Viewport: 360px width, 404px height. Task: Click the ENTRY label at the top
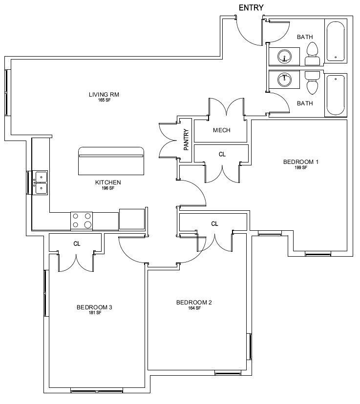[x=251, y=8]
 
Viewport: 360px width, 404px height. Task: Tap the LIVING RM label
[x=104, y=95]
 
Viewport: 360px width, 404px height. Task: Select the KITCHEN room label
[x=108, y=182]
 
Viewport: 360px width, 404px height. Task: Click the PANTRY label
[x=186, y=140]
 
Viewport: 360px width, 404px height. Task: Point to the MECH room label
[x=222, y=130]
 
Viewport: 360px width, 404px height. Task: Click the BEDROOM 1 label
[x=301, y=162]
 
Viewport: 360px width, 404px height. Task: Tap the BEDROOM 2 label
[x=194, y=302]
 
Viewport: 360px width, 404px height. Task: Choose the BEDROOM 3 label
[x=94, y=307]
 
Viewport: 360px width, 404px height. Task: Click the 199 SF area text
[x=301, y=167]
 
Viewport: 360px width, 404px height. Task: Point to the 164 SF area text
[x=194, y=308]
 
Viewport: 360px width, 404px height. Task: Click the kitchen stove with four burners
[x=82, y=221]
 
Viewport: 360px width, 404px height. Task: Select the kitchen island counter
[x=111, y=161]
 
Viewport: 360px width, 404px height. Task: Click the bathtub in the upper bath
[x=336, y=42]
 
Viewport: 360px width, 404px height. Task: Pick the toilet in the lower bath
[x=312, y=82]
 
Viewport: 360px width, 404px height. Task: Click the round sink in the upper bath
[x=284, y=57]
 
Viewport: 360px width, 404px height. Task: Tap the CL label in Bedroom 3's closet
[x=77, y=243]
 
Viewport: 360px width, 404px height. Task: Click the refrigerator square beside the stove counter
[x=132, y=219]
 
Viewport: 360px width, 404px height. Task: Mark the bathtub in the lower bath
[x=336, y=95]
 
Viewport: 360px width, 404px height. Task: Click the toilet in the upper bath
[x=312, y=54]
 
